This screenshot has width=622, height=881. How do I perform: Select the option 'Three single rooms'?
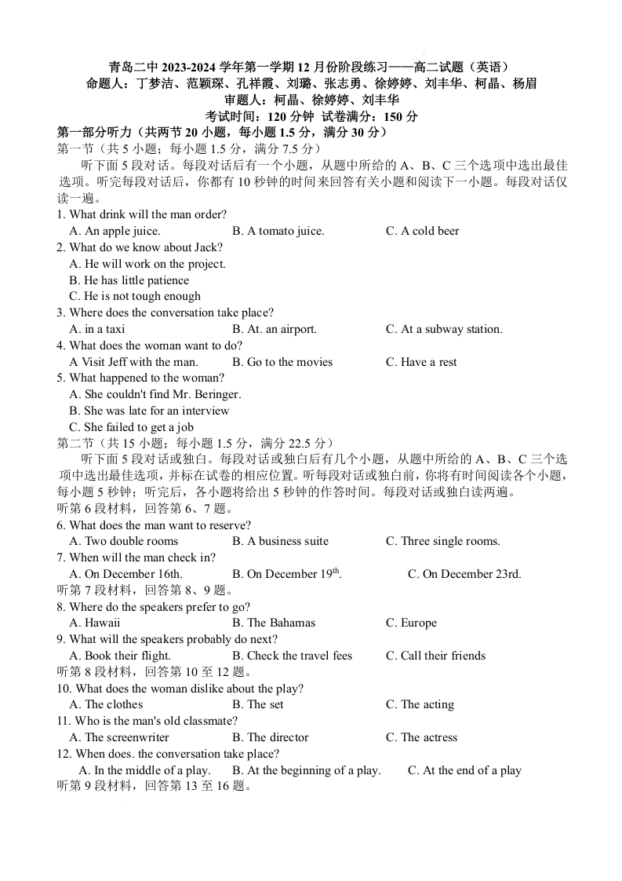442,541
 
